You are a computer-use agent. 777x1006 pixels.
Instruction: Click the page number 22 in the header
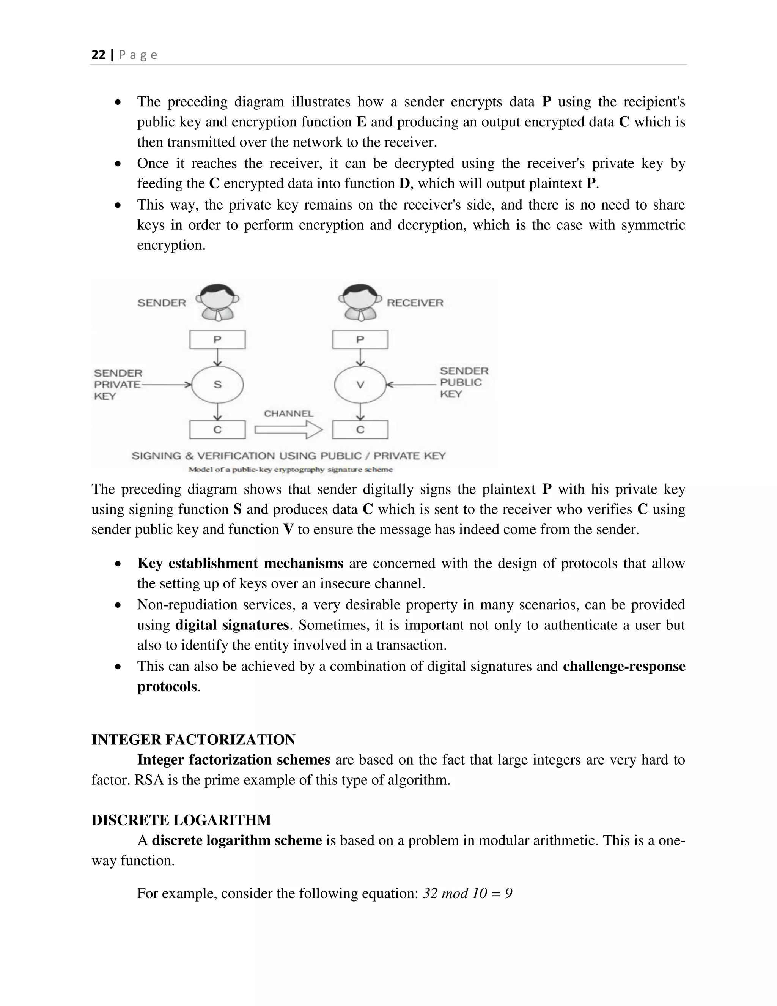click(x=99, y=55)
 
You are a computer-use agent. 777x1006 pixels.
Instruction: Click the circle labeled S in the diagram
click(x=217, y=385)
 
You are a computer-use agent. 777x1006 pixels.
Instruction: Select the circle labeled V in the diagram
click(x=360, y=385)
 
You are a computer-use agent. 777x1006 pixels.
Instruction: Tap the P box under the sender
click(x=217, y=340)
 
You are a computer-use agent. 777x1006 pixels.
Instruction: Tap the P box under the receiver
click(x=360, y=340)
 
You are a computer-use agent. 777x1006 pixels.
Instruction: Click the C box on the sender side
click(x=217, y=430)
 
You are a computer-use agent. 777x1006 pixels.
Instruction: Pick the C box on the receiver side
click(x=360, y=430)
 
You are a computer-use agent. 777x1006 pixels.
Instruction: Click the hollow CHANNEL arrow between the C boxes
click(x=289, y=430)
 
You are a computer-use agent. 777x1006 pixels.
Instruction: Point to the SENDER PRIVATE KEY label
click(x=118, y=385)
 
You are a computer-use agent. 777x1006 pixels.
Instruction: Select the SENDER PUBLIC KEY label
click(x=464, y=382)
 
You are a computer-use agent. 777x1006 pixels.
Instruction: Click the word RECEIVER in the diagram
click(x=415, y=303)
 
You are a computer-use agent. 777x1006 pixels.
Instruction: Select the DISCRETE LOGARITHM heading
click(x=181, y=820)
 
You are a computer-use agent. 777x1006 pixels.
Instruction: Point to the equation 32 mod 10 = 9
click(x=467, y=894)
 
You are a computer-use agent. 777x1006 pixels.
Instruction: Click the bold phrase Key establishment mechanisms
click(x=240, y=563)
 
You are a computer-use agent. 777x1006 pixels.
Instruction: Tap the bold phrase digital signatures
click(x=232, y=625)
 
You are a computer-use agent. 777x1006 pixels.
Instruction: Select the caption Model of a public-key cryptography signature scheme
click(x=291, y=470)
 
